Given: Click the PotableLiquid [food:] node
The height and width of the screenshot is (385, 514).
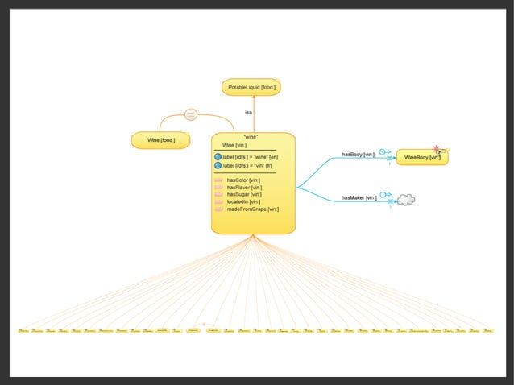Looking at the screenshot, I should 251,87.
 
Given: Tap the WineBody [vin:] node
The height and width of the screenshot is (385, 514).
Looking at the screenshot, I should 421,157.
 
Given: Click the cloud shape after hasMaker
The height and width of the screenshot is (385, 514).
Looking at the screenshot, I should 405,199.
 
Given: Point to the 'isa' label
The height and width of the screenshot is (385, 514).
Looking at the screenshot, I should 248,113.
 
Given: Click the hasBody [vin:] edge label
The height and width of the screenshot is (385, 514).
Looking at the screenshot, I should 359,154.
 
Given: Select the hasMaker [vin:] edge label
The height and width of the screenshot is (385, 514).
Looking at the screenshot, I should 359,197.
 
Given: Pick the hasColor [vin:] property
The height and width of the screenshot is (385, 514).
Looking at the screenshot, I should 243,180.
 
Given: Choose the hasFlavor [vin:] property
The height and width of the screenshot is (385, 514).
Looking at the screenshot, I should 244,187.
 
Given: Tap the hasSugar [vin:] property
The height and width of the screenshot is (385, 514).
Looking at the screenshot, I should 244,194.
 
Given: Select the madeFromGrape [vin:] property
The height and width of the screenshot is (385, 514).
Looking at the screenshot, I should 252,209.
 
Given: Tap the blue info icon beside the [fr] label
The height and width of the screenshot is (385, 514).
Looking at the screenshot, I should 218,165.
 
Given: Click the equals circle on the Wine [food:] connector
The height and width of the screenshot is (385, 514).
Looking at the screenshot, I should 191,114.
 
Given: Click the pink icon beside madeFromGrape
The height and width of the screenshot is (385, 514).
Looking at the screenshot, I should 219,209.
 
